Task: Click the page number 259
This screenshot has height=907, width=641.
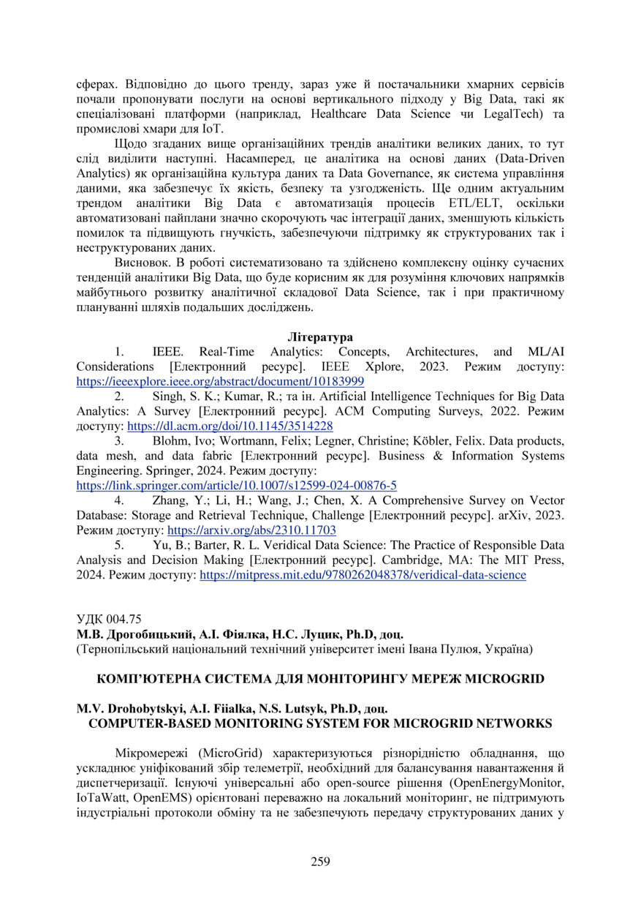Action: (x=320, y=861)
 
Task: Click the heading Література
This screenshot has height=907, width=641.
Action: (x=320, y=337)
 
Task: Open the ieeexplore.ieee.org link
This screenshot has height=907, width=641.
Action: (x=220, y=381)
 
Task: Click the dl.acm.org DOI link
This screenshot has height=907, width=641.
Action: (x=230, y=426)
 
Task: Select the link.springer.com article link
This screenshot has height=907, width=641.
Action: (x=237, y=485)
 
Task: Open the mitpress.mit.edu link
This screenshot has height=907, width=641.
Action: (x=363, y=575)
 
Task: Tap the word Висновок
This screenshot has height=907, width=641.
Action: (x=142, y=262)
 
